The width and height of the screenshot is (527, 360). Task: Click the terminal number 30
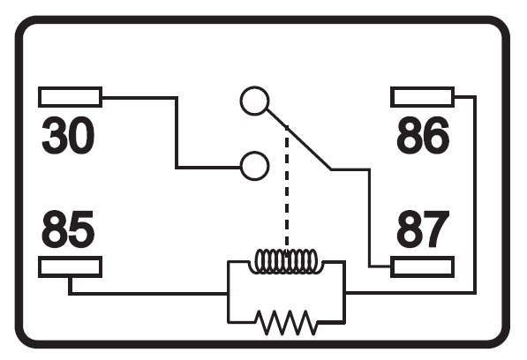(68, 136)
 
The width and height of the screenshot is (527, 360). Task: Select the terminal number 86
(423, 136)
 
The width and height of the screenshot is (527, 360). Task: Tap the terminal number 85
(68, 229)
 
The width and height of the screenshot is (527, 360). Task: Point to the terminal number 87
(423, 229)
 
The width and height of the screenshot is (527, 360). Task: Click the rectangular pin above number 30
(71, 97)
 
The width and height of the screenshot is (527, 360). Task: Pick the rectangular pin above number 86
(423, 97)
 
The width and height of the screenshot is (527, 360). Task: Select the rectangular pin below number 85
(71, 267)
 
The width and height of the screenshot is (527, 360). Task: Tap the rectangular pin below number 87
(423, 267)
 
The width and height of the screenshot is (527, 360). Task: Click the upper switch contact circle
(254, 101)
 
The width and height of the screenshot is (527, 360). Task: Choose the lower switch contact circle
(254, 166)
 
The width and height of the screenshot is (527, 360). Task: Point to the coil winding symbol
(286, 261)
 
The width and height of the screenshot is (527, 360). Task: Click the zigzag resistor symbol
(287, 322)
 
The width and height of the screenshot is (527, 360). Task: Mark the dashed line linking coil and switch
(287, 188)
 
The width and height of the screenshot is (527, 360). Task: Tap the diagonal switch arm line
(299, 139)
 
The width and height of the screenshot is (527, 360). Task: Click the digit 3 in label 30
(54, 136)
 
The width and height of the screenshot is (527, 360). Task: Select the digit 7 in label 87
(436, 229)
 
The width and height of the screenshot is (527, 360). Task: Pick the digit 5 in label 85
(81, 230)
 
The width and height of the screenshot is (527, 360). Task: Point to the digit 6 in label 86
(436, 136)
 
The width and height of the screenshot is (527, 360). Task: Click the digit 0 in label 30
(81, 136)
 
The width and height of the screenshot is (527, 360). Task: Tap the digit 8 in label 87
(410, 229)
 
